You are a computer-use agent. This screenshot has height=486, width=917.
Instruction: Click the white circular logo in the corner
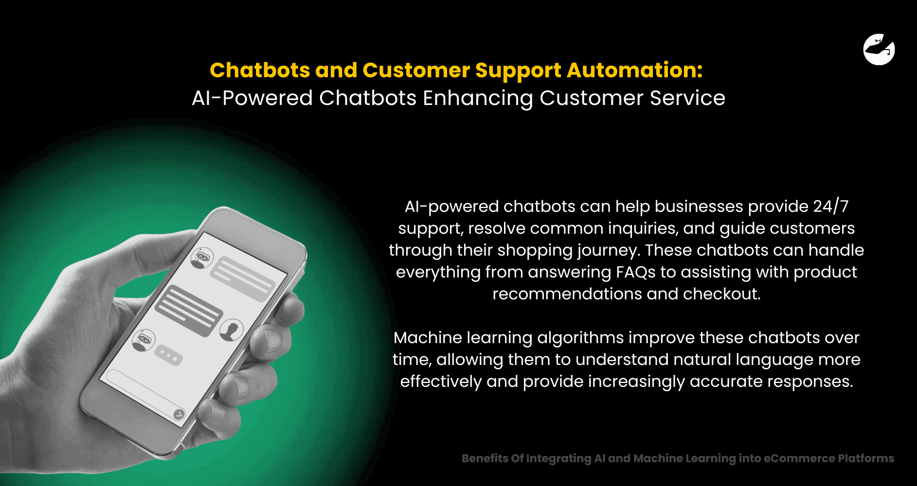(879, 50)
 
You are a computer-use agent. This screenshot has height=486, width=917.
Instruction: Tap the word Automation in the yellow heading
(634, 70)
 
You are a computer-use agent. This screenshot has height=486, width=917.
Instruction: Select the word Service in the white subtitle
(687, 98)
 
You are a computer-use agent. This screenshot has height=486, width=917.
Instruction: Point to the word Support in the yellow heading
(518, 70)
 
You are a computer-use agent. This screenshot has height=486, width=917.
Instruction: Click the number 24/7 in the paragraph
(831, 207)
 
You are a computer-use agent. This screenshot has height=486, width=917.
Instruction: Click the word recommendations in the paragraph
(567, 294)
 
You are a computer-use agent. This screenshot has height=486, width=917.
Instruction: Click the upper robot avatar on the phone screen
(202, 257)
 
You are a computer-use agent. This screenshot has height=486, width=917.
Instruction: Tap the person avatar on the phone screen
(232, 330)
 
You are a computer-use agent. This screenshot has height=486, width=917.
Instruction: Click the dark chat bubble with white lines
(189, 311)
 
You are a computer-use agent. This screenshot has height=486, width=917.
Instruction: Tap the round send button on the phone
(179, 414)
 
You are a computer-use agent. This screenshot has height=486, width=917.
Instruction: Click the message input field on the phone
(141, 391)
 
